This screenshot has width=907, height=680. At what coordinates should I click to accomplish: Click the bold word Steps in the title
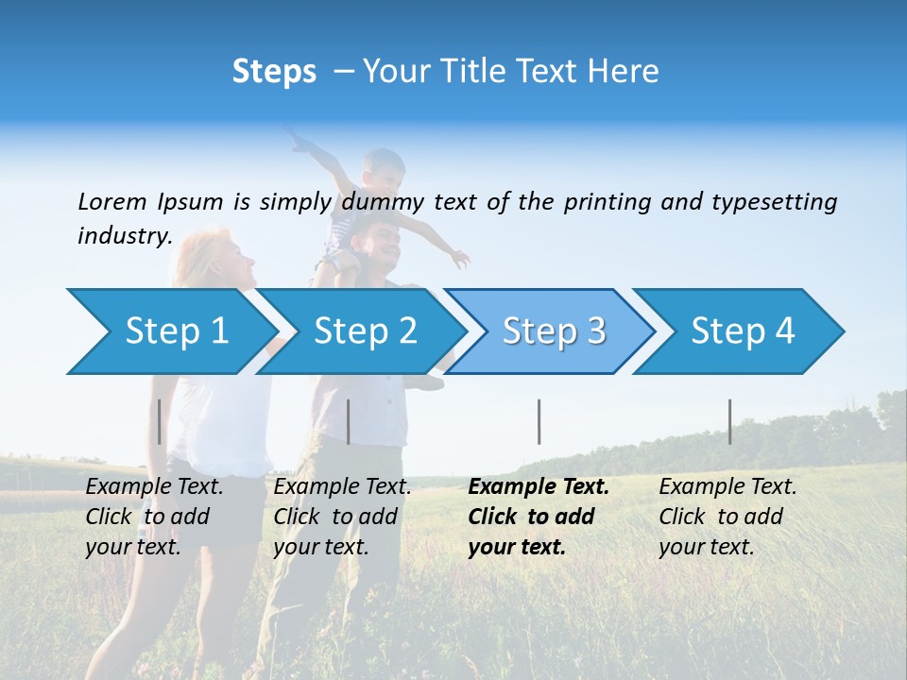coord(274,72)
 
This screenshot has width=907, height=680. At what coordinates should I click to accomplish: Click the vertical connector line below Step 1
coord(160,421)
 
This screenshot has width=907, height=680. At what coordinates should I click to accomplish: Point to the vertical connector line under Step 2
coord(349,421)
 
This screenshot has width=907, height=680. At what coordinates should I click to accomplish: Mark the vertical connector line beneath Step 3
coord(539,421)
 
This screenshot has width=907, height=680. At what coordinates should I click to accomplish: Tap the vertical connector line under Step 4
coord(729,421)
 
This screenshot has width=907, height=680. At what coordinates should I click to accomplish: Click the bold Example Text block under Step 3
coord(539,517)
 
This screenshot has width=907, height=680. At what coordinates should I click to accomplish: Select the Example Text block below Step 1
coord(155,517)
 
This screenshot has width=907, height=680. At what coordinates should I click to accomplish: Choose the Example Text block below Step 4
coord(727,517)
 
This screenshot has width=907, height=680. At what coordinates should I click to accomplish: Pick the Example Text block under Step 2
coord(342,517)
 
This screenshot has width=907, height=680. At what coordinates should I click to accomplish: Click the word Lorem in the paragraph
coord(112,201)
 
